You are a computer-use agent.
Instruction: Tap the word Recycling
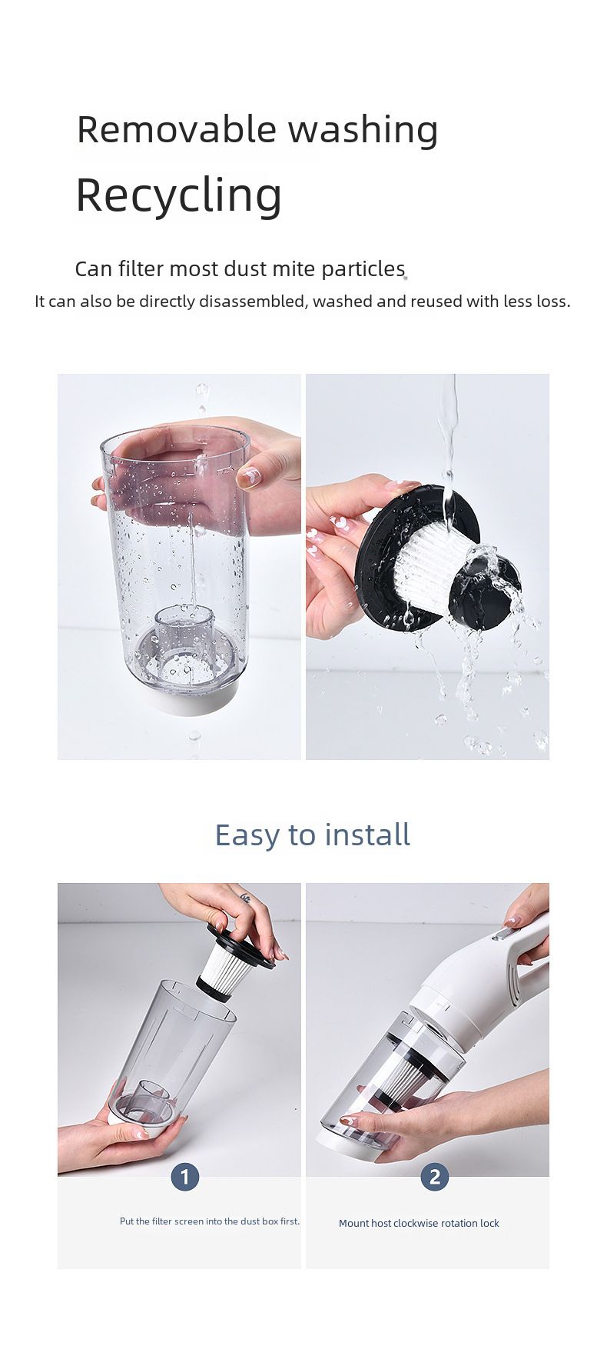179,196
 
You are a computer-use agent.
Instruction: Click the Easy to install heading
312,835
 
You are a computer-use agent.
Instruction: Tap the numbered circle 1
184,1176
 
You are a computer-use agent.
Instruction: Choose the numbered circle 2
435,1176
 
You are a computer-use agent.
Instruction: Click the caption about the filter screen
210,1221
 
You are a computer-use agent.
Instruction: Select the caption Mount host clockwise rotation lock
419,1223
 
